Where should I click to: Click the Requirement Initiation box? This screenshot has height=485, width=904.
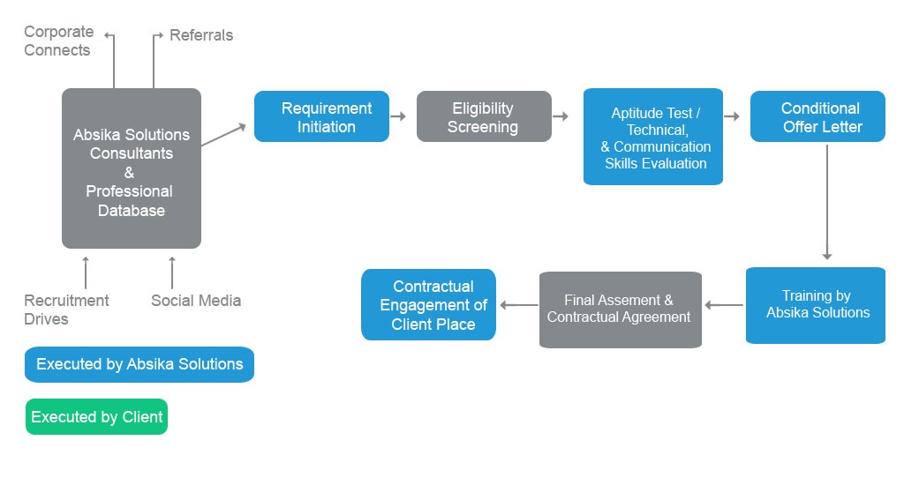point(321,116)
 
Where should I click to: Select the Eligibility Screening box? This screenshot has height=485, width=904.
point(485,116)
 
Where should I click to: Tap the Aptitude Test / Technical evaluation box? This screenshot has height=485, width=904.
point(653,137)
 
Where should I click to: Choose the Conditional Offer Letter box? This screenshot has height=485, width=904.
point(817,116)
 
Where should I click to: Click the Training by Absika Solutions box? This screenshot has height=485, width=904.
point(816,305)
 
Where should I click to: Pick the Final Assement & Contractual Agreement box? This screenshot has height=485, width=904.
point(621,310)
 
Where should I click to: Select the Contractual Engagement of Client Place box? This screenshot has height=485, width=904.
point(428,305)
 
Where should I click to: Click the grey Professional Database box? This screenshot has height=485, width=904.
point(132,168)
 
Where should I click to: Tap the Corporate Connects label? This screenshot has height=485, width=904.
point(58,41)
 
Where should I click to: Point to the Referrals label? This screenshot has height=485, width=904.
point(201,35)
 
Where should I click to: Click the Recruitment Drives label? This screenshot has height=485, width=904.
point(66,310)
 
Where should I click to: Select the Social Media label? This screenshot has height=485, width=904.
point(196,301)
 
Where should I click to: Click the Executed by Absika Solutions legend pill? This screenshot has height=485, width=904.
point(139,364)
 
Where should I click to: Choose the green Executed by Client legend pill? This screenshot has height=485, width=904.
point(97,416)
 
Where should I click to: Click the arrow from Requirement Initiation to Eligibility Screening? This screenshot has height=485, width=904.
point(398,116)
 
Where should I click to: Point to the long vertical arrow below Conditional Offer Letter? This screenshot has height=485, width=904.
point(826,202)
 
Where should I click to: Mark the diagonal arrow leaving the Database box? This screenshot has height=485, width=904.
point(223,135)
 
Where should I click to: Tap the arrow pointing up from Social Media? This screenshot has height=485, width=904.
point(172,272)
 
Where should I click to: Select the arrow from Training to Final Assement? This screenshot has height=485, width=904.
point(724,305)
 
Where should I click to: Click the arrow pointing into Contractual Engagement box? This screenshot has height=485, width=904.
point(519,305)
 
